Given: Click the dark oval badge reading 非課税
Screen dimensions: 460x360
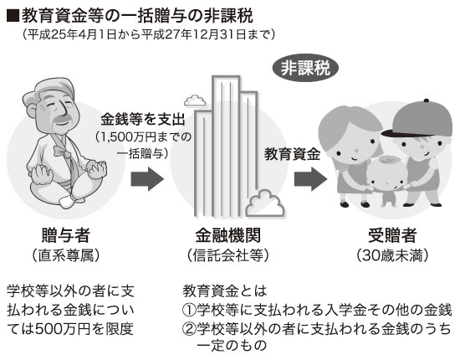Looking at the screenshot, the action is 305,68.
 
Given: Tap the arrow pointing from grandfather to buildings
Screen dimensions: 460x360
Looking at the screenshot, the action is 147,179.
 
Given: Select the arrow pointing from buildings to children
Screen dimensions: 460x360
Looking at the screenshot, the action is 310,179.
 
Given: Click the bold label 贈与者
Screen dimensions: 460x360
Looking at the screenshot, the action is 66,235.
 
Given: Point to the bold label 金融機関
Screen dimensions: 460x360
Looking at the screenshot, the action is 228,235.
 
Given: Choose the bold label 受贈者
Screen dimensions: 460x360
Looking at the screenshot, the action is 392,235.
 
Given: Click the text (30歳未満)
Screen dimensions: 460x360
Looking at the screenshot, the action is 392,255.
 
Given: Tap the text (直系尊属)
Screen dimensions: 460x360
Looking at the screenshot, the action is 66,255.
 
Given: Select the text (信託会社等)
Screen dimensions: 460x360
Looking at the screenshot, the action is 228,255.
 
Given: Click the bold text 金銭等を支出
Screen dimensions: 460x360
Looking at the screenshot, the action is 143,120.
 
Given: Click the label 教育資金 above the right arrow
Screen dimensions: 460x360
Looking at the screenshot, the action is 292,154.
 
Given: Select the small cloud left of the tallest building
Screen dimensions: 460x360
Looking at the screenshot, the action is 194,100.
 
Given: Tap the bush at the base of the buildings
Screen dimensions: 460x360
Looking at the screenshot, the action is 265,203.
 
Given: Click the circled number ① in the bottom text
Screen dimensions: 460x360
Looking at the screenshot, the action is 189,310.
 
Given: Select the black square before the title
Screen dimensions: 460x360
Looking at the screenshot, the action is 13,16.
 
